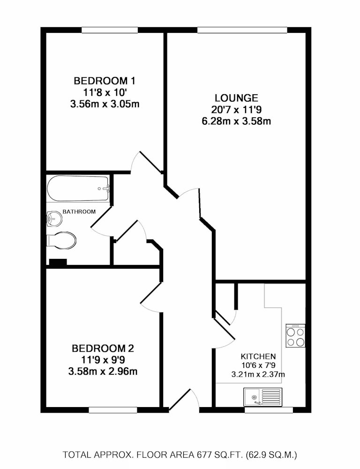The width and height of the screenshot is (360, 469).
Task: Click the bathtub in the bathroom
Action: (x=78, y=189)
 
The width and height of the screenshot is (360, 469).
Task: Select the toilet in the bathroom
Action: (x=61, y=240)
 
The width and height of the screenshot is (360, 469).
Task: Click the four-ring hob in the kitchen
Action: (x=295, y=336)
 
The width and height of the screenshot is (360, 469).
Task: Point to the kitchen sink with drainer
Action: (x=263, y=397)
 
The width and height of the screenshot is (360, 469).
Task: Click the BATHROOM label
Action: (x=79, y=212)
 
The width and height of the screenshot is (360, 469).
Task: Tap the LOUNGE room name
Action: (x=236, y=98)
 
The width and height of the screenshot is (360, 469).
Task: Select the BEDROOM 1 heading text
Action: (x=105, y=81)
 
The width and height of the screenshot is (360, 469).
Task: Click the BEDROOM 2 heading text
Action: (x=103, y=348)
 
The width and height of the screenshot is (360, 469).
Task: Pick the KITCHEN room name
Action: (x=258, y=356)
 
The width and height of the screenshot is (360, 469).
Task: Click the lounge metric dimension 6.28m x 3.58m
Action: (x=236, y=121)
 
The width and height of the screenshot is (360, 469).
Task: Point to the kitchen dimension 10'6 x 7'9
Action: (x=258, y=365)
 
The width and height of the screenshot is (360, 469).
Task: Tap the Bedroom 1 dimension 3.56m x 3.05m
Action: (x=105, y=105)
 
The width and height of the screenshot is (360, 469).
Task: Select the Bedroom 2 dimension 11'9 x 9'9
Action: (x=103, y=360)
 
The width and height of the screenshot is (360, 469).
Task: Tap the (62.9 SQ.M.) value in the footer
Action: (x=271, y=455)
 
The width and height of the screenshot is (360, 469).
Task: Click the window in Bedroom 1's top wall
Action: (x=110, y=30)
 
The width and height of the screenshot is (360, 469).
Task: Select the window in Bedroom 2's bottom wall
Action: (x=112, y=410)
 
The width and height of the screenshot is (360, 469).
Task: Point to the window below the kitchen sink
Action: (x=269, y=410)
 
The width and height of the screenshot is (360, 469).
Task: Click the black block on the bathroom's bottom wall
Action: (x=58, y=262)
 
